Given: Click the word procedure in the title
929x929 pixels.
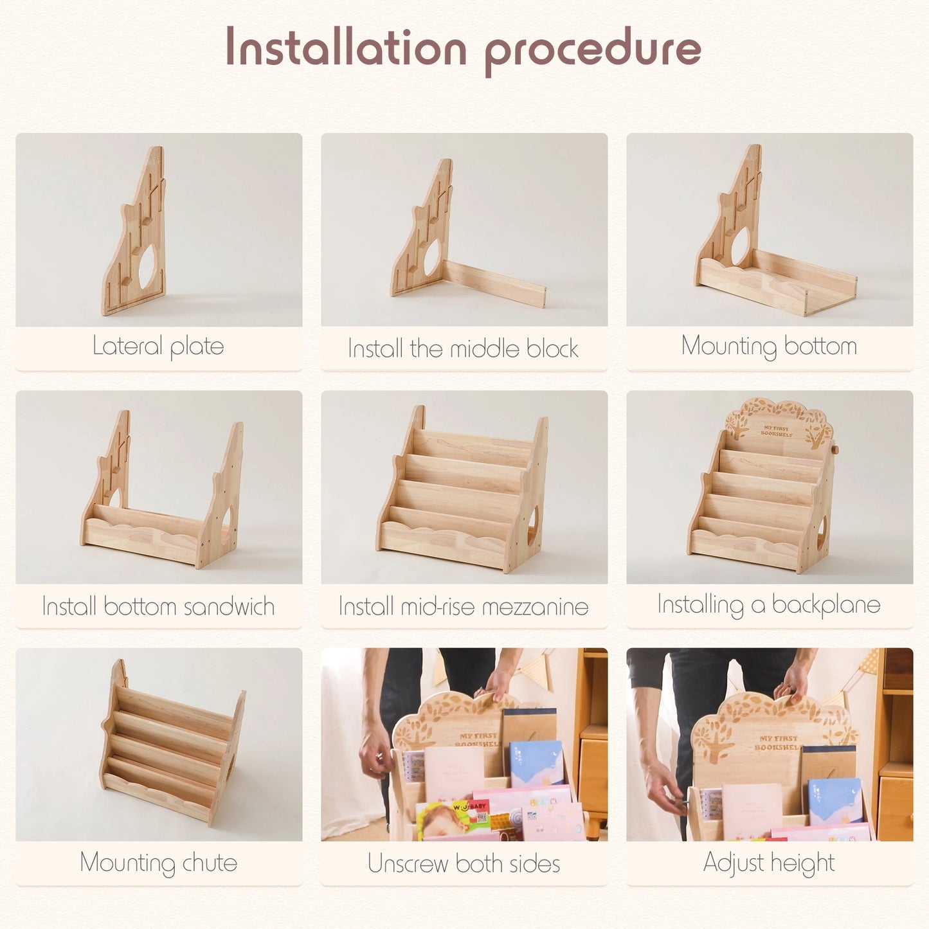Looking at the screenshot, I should click(x=592, y=50).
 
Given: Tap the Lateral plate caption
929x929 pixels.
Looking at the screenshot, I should click(x=158, y=347).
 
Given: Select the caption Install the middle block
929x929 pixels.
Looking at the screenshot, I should click(x=463, y=348).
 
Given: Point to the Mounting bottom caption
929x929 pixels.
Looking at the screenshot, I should click(x=769, y=347).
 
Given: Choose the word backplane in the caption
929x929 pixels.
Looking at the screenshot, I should click(x=826, y=605).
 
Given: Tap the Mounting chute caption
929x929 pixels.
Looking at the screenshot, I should click(x=158, y=863).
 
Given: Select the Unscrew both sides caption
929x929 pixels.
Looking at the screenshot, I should click(x=464, y=863).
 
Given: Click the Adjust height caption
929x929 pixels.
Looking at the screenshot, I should click(x=769, y=863).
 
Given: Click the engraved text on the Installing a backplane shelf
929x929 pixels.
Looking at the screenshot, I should click(x=777, y=431).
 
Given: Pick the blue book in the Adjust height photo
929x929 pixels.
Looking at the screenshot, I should click(x=834, y=800).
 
